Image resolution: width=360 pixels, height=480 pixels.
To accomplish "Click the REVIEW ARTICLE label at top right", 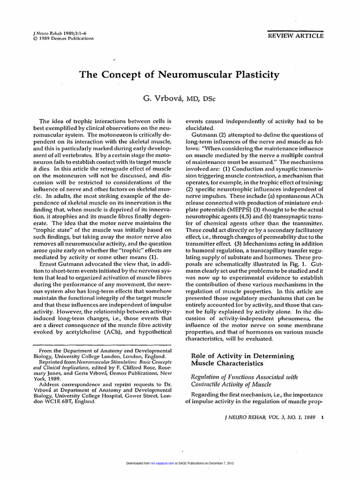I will click(x=295, y=35).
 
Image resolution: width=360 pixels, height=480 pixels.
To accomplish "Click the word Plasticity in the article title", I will click(x=253, y=75).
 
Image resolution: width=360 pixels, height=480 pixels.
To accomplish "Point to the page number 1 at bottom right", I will click(x=322, y=417).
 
